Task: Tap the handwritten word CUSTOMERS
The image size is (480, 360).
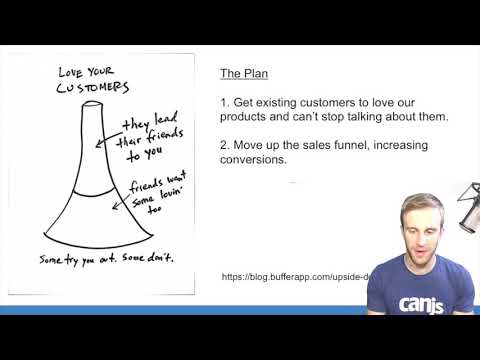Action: tap(92, 87)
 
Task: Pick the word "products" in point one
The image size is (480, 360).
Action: tap(243, 118)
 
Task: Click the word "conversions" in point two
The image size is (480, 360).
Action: tap(254, 160)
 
